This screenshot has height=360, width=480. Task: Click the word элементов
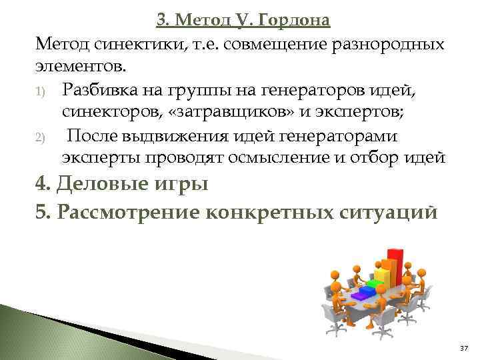81,67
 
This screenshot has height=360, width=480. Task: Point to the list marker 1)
41,91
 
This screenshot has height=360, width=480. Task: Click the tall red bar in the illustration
395,264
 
